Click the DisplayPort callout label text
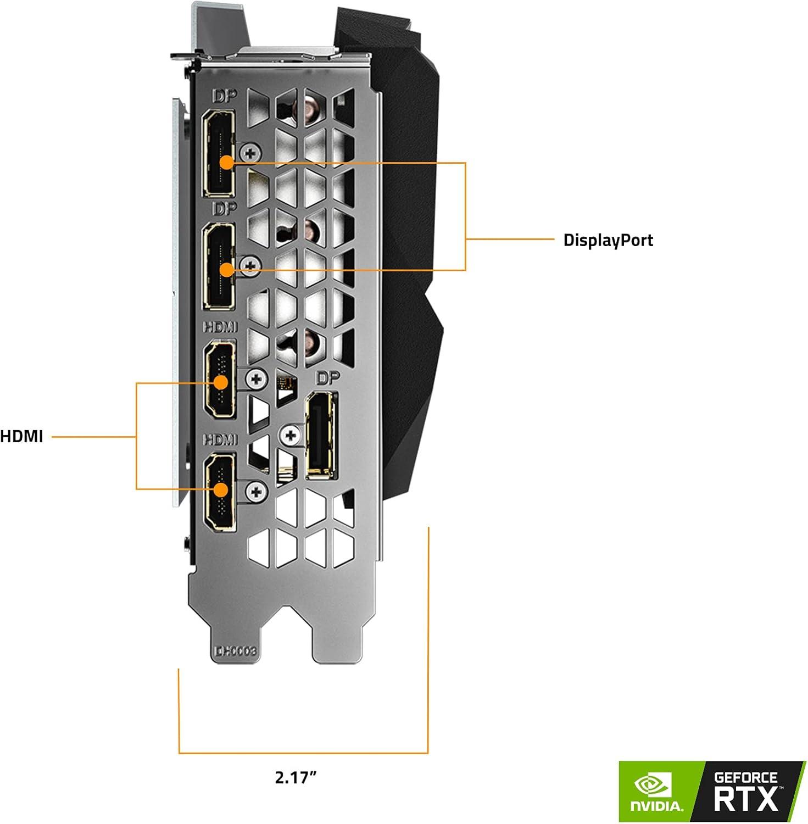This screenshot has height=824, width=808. pos(608,240)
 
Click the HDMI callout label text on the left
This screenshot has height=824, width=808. pos(21,437)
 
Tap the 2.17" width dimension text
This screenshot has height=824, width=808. pos(296,777)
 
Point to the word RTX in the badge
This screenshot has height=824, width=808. pos(746,798)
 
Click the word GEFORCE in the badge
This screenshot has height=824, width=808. pos(745,777)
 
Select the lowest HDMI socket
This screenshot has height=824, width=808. pos(220,491)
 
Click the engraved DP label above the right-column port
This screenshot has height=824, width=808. pos(327,378)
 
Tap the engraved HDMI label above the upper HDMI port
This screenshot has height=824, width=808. pos(221,327)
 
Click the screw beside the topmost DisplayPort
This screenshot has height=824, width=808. pos(250,153)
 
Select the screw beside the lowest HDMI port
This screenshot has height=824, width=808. pos(256,491)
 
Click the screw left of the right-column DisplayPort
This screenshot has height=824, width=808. pos(289,436)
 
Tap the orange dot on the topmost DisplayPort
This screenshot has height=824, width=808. pos(226,163)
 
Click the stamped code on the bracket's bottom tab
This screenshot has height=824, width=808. pos(235,652)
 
